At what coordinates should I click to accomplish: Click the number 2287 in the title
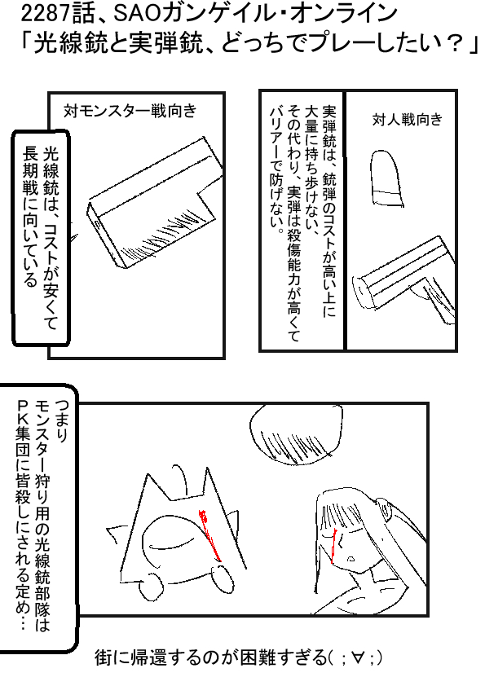pyautogui.click(x=45, y=15)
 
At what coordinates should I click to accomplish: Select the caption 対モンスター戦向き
pyautogui.click(x=130, y=111)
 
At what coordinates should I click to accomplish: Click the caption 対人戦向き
pyautogui.click(x=407, y=119)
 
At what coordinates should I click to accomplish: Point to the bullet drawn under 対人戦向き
pyautogui.click(x=386, y=178)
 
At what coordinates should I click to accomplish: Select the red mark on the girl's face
pyautogui.click(x=333, y=545)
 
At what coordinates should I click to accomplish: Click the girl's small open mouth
pyautogui.click(x=351, y=559)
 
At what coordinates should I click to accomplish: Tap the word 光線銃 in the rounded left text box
pyautogui.click(x=50, y=169)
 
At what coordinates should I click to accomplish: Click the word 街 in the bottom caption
pyautogui.click(x=103, y=658)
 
